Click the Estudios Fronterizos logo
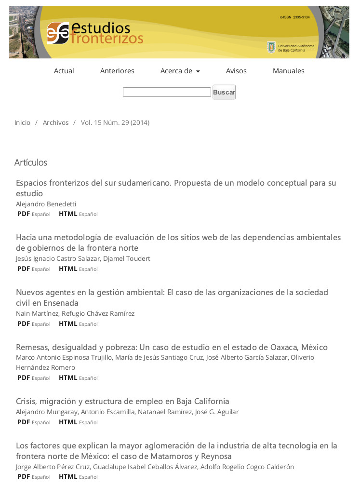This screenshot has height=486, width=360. click(95, 33)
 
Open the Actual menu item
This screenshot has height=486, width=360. click(64, 71)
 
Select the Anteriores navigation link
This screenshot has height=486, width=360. click(117, 71)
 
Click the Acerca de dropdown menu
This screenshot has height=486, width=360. click(180, 71)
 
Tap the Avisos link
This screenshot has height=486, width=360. click(236, 71)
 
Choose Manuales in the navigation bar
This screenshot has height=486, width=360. click(288, 71)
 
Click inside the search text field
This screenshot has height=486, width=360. click(167, 92)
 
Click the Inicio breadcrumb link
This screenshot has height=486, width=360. click(22, 123)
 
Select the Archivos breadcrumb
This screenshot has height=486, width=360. click(55, 123)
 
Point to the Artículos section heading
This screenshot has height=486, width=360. click(31, 162)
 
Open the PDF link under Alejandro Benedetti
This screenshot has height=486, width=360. click(24, 214)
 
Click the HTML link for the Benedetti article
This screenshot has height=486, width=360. click(68, 214)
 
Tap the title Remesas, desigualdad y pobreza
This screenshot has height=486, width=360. click(172, 347)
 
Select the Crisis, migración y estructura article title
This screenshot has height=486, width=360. click(122, 401)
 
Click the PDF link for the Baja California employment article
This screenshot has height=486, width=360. click(24, 422)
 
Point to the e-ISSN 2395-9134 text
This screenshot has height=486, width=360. click(294, 17)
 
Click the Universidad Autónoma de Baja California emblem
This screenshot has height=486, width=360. click(271, 47)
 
